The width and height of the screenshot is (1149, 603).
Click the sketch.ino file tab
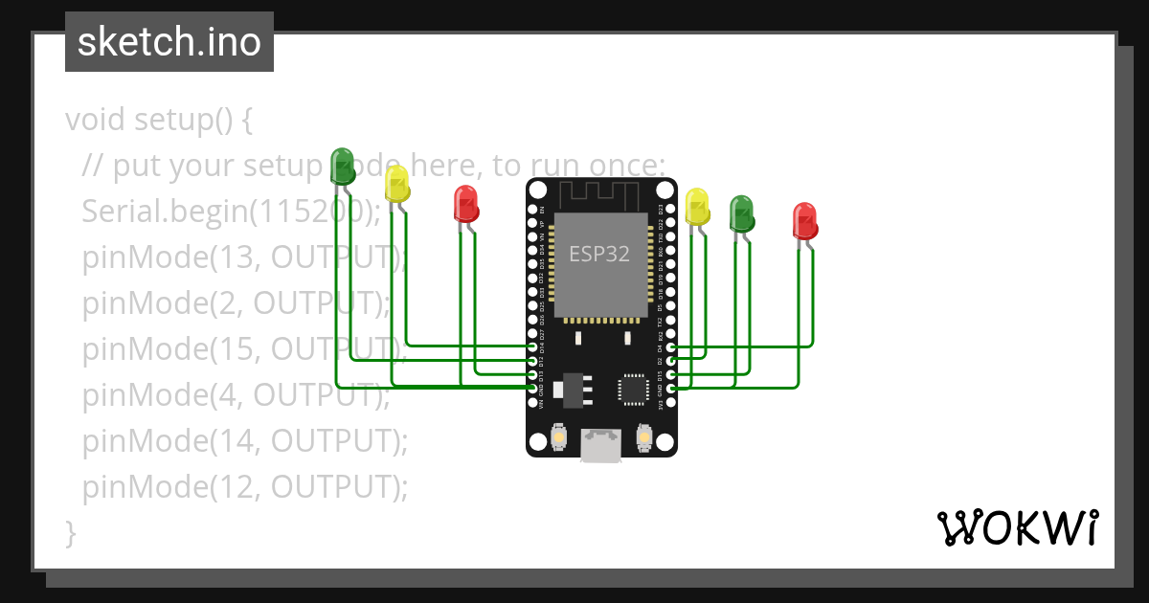point(169,42)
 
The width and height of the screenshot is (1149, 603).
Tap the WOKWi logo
point(1017,528)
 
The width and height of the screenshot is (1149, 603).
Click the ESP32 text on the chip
point(599,254)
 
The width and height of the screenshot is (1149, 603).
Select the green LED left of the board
point(342,166)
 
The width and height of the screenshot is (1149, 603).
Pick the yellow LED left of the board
point(396,183)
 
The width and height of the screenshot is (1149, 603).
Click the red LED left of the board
point(466,204)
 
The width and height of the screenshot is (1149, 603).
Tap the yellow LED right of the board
point(697,206)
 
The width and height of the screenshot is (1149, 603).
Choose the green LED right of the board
point(742,213)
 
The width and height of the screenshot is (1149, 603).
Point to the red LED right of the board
point(805,220)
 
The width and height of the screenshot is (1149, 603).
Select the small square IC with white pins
point(633,389)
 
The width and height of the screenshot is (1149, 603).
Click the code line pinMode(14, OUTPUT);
point(245,441)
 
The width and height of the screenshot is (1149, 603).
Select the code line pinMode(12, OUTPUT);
point(245,487)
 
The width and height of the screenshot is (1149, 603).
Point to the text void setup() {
point(159,121)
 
